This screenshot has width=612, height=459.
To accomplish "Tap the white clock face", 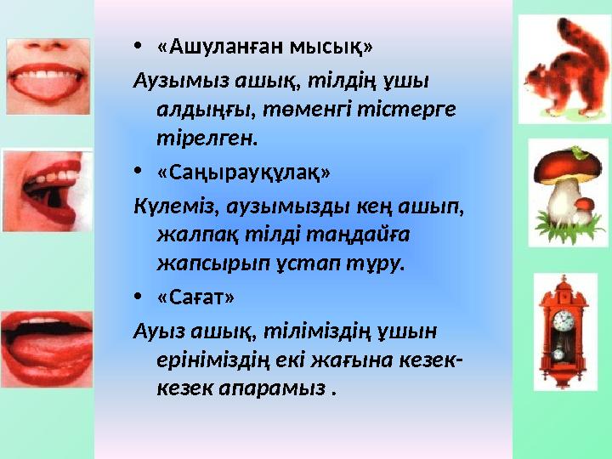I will [x=563, y=321].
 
